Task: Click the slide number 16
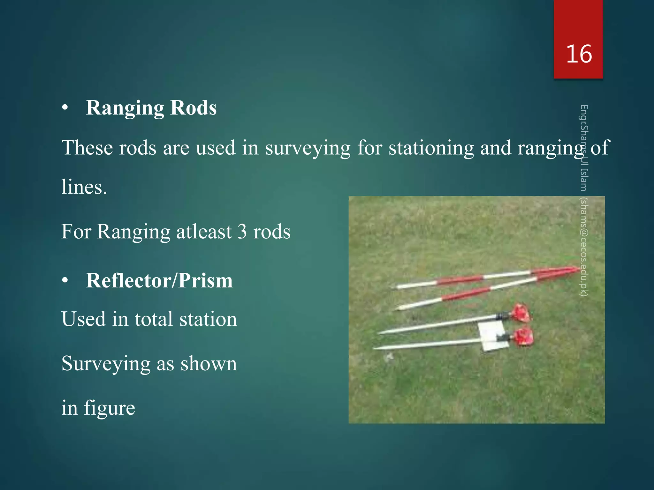[x=579, y=54]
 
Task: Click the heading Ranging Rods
[x=151, y=108]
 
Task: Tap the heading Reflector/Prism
[x=159, y=281]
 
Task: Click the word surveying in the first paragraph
[x=308, y=148]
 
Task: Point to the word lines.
[x=84, y=187]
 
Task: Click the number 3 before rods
[x=242, y=232]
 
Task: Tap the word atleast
[x=204, y=232]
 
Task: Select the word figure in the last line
[x=109, y=408]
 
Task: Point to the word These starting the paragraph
[x=87, y=148]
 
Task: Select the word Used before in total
[x=83, y=319]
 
